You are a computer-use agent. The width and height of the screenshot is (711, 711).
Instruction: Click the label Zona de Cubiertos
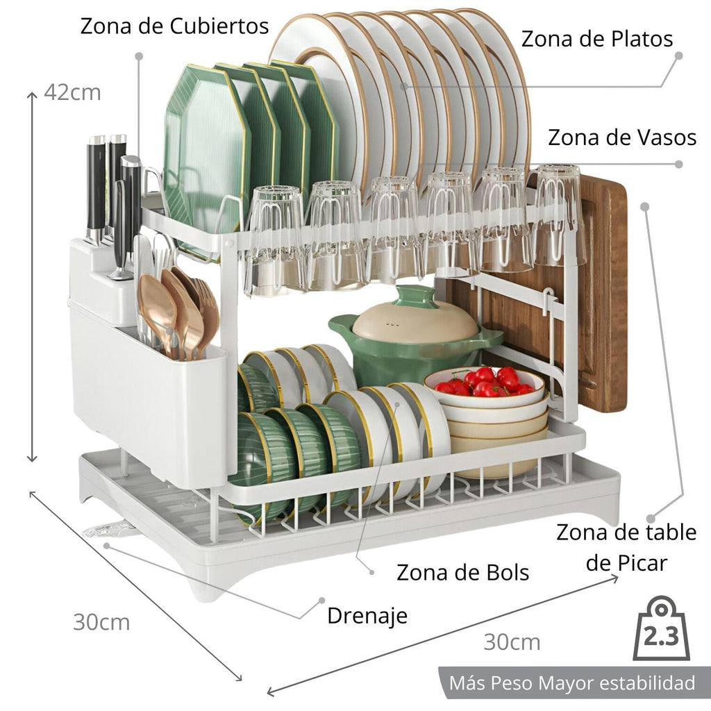pyautogui.click(x=174, y=26)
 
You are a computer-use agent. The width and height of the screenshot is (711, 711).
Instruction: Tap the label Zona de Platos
pyautogui.click(x=597, y=39)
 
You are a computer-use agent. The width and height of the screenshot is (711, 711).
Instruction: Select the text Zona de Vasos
pyautogui.click(x=622, y=137)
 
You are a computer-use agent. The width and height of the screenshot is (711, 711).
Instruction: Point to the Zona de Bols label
pyautogui.click(x=462, y=573)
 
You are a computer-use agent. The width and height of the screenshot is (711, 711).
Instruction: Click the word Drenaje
pyautogui.click(x=367, y=615)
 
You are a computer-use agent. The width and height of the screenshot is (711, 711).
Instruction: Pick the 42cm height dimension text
pyautogui.click(x=72, y=92)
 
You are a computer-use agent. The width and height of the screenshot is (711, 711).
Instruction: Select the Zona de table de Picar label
pyautogui.click(x=626, y=547)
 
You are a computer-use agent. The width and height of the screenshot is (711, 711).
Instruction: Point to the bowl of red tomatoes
pyautogui.click(x=485, y=385)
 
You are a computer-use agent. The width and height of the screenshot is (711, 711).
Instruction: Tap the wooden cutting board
pyautogui.click(x=603, y=292)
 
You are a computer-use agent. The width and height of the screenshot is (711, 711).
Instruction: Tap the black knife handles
pyautogui.click(x=111, y=187)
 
